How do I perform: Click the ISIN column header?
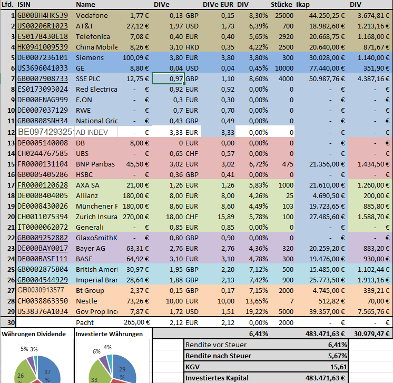click(x=25, y=4)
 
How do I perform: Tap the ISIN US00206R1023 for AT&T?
click(x=43, y=26)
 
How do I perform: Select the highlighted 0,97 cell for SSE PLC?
click(x=168, y=78)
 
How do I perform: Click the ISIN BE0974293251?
click(x=45, y=132)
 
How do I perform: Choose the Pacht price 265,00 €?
click(x=135, y=322)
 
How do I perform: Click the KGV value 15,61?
click(x=337, y=367)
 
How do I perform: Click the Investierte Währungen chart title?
click(x=110, y=333)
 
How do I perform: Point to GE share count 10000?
click(x=281, y=68)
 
